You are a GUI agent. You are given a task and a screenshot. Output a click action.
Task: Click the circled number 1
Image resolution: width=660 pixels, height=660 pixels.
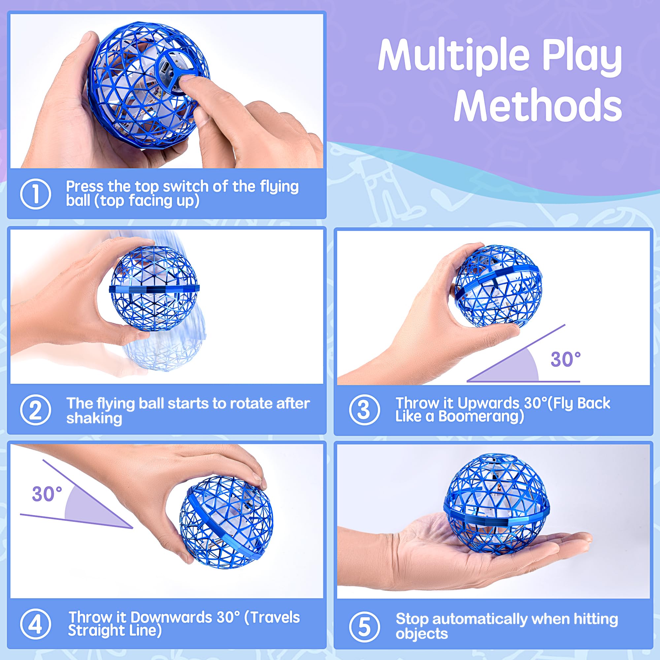pos(36,194)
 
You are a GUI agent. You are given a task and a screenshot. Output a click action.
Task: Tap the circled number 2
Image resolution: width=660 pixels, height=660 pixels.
pos(36,410)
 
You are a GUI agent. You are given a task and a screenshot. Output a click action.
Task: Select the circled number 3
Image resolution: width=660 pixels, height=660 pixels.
pos(365,410)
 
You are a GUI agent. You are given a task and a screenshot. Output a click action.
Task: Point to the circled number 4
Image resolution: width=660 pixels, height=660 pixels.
pos(36,624)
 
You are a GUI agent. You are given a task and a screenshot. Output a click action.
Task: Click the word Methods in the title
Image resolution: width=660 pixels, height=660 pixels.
pos(538,105)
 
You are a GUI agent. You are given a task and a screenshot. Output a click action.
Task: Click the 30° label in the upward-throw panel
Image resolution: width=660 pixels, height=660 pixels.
pos(565,359)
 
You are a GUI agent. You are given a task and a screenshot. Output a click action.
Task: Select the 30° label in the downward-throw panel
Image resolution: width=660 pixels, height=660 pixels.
pos(47,494)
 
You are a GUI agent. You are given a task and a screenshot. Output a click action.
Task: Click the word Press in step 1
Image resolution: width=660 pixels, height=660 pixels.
pos(84,186)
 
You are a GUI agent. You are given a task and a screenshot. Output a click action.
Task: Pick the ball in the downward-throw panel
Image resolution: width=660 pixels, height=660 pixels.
pos(226,522)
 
